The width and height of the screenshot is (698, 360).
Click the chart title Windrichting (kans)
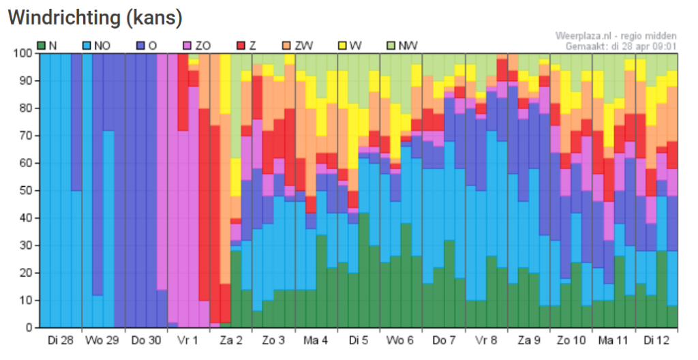[x=95, y=18]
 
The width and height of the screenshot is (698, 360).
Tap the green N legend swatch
[x=41, y=46]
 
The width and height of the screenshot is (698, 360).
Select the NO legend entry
[x=97, y=46]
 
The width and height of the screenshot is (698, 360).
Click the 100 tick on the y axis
[x=24, y=53]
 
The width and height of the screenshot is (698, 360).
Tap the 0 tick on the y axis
[x=29, y=327]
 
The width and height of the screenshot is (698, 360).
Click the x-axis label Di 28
[x=60, y=339]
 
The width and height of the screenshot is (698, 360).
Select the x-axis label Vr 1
[x=187, y=339]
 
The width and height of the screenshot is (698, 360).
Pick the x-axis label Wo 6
[x=401, y=339]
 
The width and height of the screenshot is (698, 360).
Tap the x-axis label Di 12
[x=656, y=339]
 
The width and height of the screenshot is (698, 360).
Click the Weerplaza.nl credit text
[x=616, y=35]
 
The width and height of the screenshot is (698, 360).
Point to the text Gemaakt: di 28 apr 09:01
[x=621, y=46]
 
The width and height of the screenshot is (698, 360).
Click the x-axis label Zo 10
[x=571, y=339]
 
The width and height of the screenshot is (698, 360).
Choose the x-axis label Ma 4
[x=316, y=339]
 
